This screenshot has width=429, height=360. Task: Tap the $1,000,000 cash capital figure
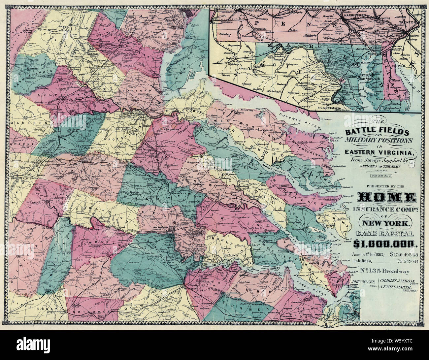click(x=385, y=244)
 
